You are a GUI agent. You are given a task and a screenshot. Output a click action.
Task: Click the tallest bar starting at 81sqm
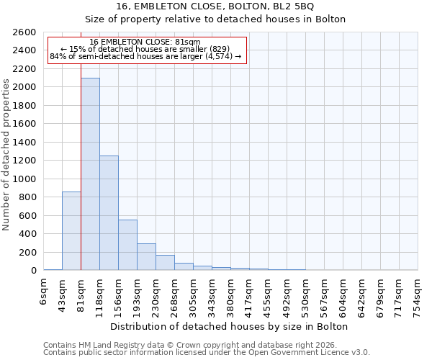90,174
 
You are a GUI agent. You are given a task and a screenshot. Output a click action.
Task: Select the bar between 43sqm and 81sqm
71,230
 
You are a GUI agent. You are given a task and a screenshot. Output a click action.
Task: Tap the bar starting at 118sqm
109,212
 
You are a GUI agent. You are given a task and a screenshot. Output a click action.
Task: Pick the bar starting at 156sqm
127,245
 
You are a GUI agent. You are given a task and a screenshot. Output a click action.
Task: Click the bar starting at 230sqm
165,263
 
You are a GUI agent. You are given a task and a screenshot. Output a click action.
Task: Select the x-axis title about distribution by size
230,326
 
